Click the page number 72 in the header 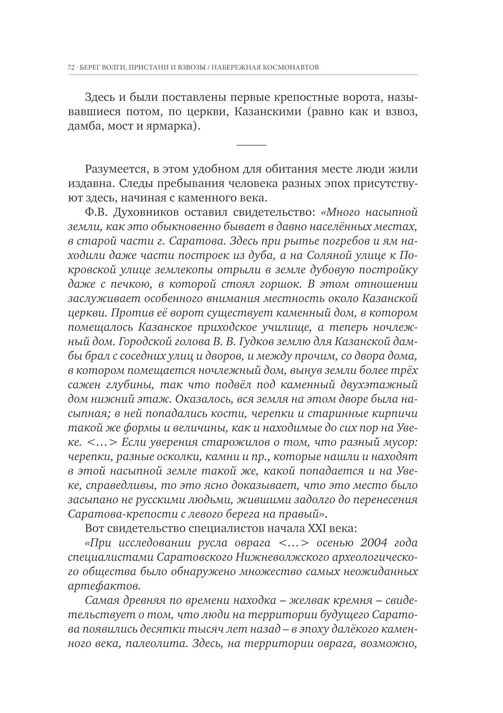coord(71,68)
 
